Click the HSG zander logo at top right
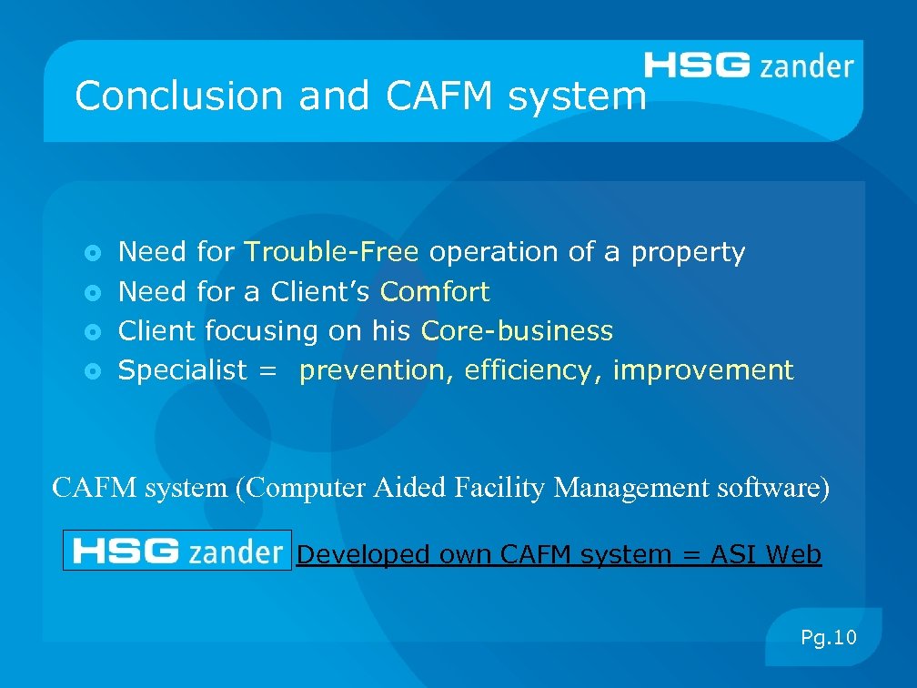click(x=749, y=66)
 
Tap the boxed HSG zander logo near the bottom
click(x=177, y=551)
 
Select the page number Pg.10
click(x=828, y=638)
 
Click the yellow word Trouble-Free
click(x=331, y=252)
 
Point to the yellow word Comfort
click(x=435, y=292)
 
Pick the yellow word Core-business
click(x=517, y=331)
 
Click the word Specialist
click(x=183, y=371)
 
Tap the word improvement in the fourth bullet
click(x=702, y=371)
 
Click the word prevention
click(x=377, y=371)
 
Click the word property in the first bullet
click(x=688, y=252)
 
